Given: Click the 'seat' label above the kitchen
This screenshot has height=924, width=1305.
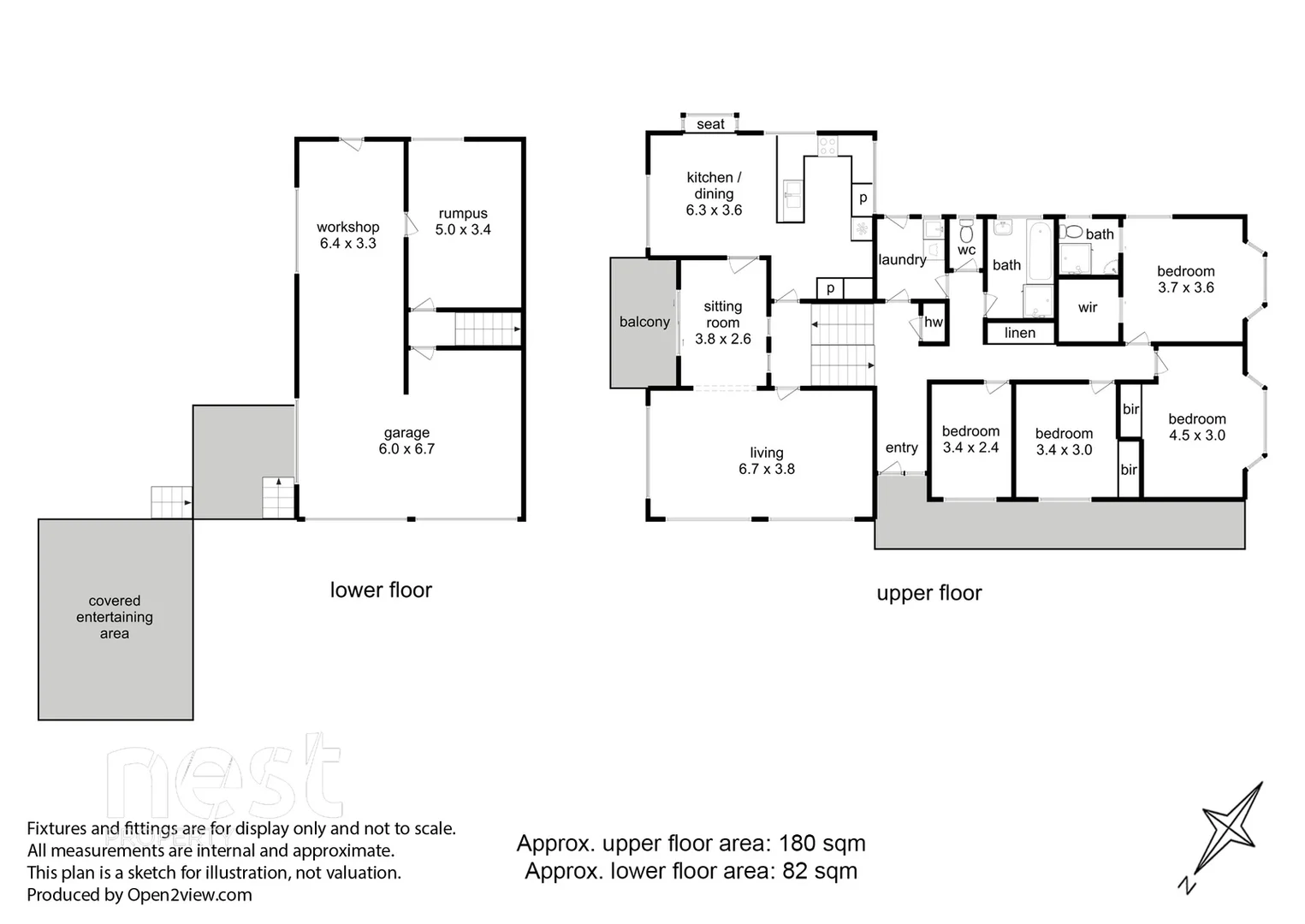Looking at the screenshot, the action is pos(710,124).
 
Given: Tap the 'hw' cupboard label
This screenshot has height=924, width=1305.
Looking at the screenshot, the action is pos(933,323).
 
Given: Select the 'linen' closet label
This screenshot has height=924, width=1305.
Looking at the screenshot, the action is pos(1019,333).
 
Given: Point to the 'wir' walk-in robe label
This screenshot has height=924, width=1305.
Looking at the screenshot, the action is pos(1087,307).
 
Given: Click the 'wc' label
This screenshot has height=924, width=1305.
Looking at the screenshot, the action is pos(966,250).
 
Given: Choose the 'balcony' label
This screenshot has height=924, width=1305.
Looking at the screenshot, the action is pos(644,322).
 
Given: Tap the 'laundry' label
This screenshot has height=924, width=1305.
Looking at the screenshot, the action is pos(902,259).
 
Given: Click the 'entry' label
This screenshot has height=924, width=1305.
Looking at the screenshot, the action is pos(901,447).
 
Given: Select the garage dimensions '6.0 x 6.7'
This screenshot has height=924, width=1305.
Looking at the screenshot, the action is pos(406,448).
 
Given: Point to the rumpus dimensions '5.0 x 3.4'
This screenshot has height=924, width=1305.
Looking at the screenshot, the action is pos(463,229).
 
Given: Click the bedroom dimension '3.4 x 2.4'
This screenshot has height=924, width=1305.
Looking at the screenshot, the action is pos(970,447).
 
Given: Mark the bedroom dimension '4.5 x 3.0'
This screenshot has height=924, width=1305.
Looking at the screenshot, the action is pos(1196,435).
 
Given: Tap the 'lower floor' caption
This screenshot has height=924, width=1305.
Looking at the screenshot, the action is pos(381,589).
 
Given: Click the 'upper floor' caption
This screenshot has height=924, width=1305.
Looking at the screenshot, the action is pos(928,593).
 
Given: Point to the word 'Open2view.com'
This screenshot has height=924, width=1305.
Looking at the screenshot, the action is pos(189,895).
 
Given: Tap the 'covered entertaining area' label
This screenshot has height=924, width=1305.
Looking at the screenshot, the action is pos(115,617).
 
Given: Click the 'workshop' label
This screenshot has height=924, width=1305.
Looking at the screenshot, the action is pos(347,227).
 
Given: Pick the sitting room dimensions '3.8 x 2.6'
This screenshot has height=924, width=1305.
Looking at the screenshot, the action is pos(722,339).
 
